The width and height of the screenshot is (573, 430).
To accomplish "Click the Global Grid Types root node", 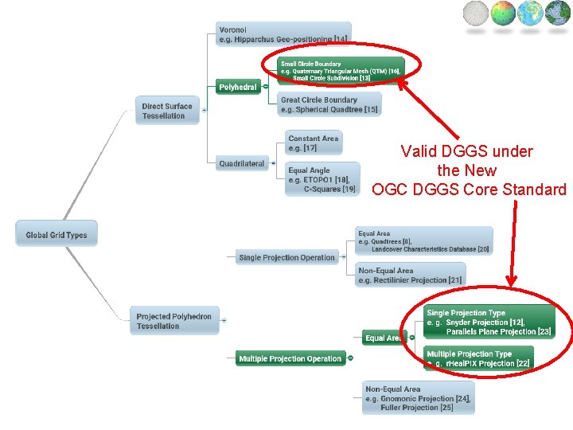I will coord(56,234).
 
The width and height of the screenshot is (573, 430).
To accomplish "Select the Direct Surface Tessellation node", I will coord(167,111).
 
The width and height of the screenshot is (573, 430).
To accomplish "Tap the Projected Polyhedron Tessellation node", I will coord(174,321).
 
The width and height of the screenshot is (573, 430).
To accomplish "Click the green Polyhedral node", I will coord(238,87).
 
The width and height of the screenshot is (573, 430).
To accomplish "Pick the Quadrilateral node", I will coord(242,164).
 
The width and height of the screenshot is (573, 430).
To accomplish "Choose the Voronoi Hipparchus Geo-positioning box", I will coord(283,34).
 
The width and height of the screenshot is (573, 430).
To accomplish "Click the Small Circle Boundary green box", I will coord(341,71).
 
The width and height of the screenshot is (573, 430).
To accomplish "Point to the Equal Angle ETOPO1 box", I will coord(322,179).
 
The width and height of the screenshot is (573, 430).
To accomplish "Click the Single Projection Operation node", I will coord(286,257).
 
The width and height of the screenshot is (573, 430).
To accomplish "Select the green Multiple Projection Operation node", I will coord(290,358).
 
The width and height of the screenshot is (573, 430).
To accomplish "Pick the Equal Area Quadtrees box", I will coord(423,241).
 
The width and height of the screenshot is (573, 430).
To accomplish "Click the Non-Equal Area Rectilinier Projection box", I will coord(410,275).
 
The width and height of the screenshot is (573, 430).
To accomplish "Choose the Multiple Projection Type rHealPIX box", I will coord(478,358).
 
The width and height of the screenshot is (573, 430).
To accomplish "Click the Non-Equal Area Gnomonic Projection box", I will coord(418,398).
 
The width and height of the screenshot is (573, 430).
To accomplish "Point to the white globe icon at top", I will coord(476,14).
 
